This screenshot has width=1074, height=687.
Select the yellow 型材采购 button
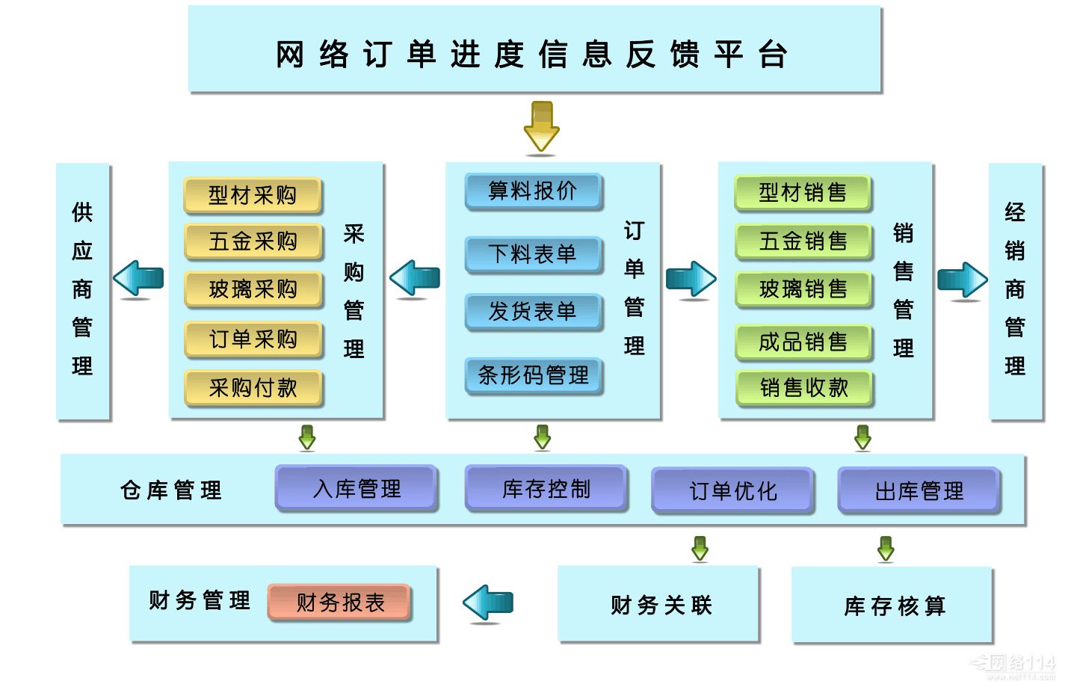pyautogui.click(x=253, y=195)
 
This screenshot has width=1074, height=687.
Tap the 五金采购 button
pyautogui.click(x=253, y=241)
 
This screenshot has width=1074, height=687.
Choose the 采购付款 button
pyautogui.click(x=253, y=387)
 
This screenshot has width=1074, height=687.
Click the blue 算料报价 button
pyautogui.click(x=533, y=191)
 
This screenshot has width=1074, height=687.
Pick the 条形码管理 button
pyautogui.click(x=533, y=375)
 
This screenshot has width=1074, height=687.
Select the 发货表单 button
pyautogui.click(x=533, y=311)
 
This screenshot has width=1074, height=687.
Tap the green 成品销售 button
pyautogui.click(x=803, y=342)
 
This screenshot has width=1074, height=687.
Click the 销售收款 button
pyautogui.click(x=803, y=387)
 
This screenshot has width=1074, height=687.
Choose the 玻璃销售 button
pyautogui.click(x=803, y=289)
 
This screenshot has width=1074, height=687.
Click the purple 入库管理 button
pyautogui.click(x=357, y=488)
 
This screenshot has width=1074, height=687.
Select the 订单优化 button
pyautogui.click(x=732, y=490)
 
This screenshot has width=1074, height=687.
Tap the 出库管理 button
pyautogui.click(x=919, y=490)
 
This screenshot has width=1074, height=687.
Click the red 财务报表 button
pyautogui.click(x=340, y=602)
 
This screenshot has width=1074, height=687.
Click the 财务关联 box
pyautogui.click(x=659, y=604)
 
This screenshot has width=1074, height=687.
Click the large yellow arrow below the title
pyautogui.click(x=541, y=127)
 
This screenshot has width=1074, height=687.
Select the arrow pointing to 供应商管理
pyautogui.click(x=139, y=279)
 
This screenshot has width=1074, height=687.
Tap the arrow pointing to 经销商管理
pyautogui.click(x=962, y=280)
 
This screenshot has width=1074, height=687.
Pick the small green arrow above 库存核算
pyautogui.click(x=886, y=548)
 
